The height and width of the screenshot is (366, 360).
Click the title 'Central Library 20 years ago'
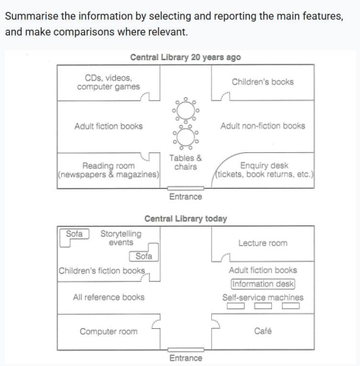[185, 57]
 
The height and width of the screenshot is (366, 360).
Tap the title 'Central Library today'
[185, 219]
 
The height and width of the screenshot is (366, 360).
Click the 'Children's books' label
[263, 81]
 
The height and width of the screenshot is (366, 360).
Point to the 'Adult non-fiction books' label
[263, 126]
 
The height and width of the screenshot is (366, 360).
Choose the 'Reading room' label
[109, 166]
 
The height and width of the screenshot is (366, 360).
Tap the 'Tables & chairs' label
[185, 162]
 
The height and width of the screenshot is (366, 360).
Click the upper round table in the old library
[185, 111]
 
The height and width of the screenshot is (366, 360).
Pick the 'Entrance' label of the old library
[185, 196]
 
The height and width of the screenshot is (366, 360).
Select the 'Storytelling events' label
[121, 238]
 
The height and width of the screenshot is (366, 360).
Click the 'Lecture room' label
[263, 243]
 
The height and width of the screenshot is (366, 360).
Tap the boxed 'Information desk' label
[263, 284]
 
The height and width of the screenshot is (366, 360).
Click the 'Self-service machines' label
[263, 297]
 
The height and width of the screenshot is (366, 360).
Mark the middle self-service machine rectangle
[263, 307]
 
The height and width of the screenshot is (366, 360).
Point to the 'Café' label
[263, 332]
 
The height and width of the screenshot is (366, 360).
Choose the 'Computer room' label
[108, 332]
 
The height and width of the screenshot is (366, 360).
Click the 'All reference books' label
[108, 297]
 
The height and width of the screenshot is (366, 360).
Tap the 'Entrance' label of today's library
[185, 357]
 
